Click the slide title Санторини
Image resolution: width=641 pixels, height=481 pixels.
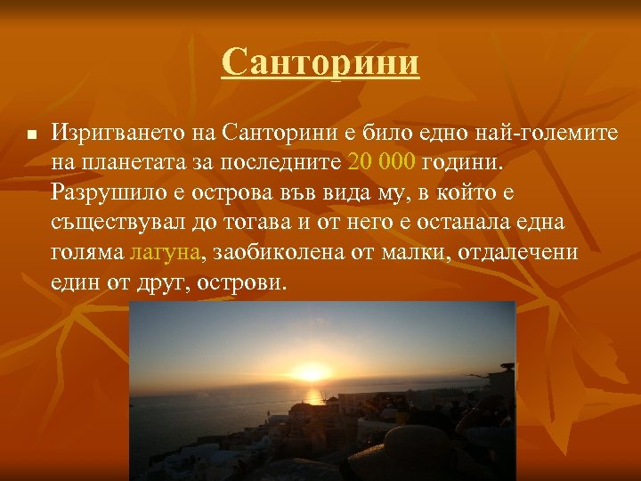pyautogui.click(x=320, y=62)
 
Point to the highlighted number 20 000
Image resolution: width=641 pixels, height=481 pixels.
pyautogui.click(x=382, y=163)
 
